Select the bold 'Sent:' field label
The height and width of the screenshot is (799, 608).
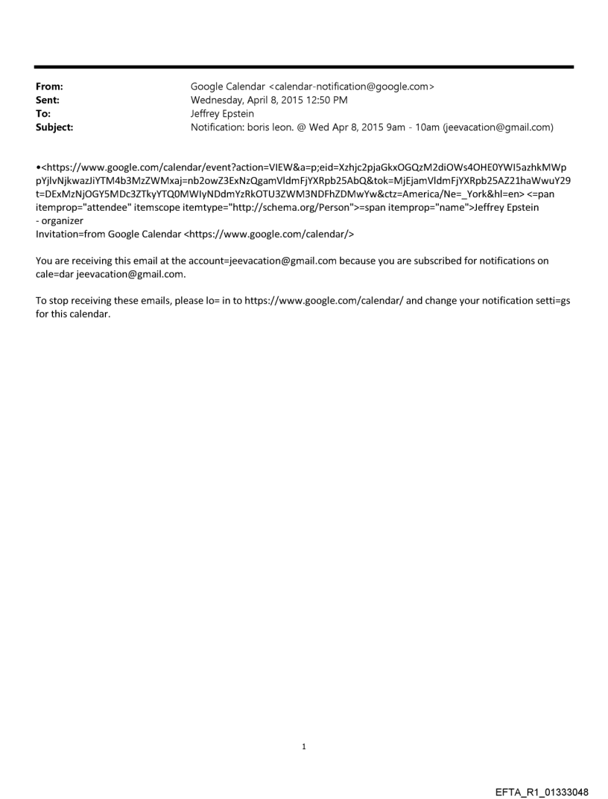[48, 101]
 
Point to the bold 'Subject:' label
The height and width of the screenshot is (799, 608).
[54, 127]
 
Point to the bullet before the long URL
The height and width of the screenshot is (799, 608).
[38, 167]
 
